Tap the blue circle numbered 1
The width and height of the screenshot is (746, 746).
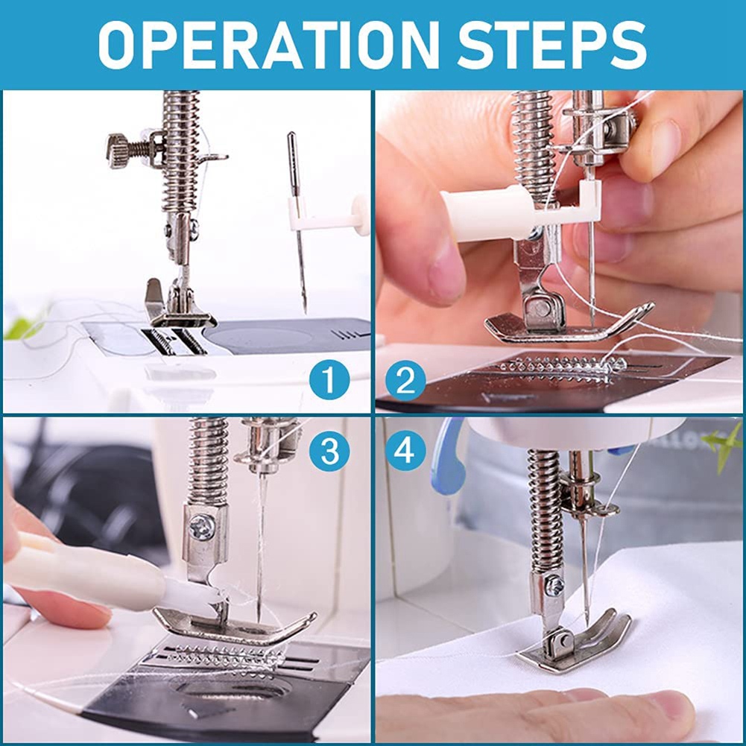pyautogui.click(x=329, y=381)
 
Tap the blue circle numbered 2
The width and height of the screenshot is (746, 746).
pyautogui.click(x=406, y=382)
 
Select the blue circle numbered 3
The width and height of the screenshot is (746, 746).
pyautogui.click(x=329, y=449)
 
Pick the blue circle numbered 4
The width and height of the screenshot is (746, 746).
pyautogui.click(x=406, y=450)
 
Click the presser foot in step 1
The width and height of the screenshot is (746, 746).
pyautogui.click(x=179, y=309)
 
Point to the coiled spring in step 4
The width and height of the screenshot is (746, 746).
pyautogui.click(x=543, y=507)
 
